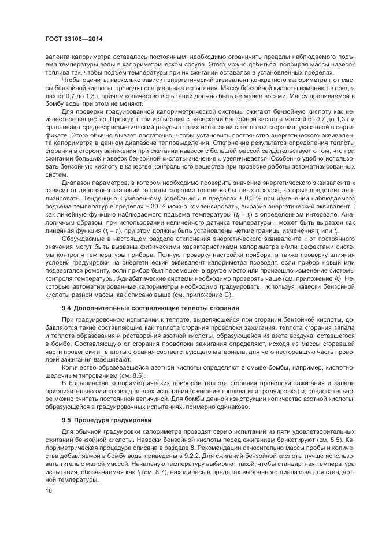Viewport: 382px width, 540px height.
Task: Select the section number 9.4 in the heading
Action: pos(66,307)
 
